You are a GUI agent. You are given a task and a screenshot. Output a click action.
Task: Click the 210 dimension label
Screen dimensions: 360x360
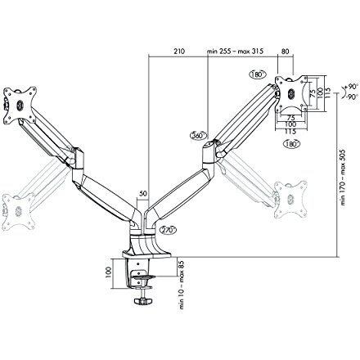point(179,51)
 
